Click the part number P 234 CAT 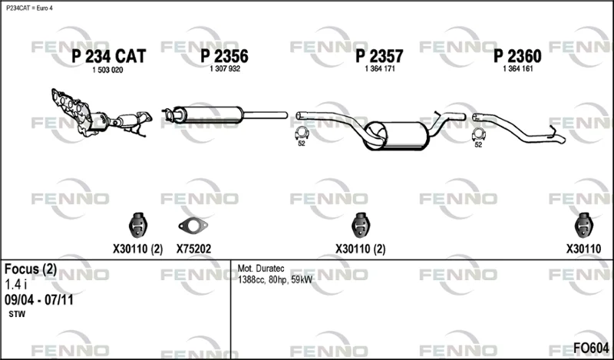pos(108,56)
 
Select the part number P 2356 pos(224,56)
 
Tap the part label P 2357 pos(379,56)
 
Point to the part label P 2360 pos(517,56)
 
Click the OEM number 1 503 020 pos(107,70)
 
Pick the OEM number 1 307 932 pos(225,68)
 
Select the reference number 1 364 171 pos(380,68)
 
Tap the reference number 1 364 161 pos(517,68)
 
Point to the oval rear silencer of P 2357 pos(395,136)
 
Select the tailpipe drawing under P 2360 pos(519,128)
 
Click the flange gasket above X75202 pos(193,225)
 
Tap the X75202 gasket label pos(193,249)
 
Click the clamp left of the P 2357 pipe pos(302,134)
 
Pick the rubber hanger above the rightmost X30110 pos(583,225)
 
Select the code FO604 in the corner pos(591,348)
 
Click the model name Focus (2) pos(31,269)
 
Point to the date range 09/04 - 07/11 pos(39,300)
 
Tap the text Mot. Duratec pos(261,269)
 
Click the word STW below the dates pos(17,314)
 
